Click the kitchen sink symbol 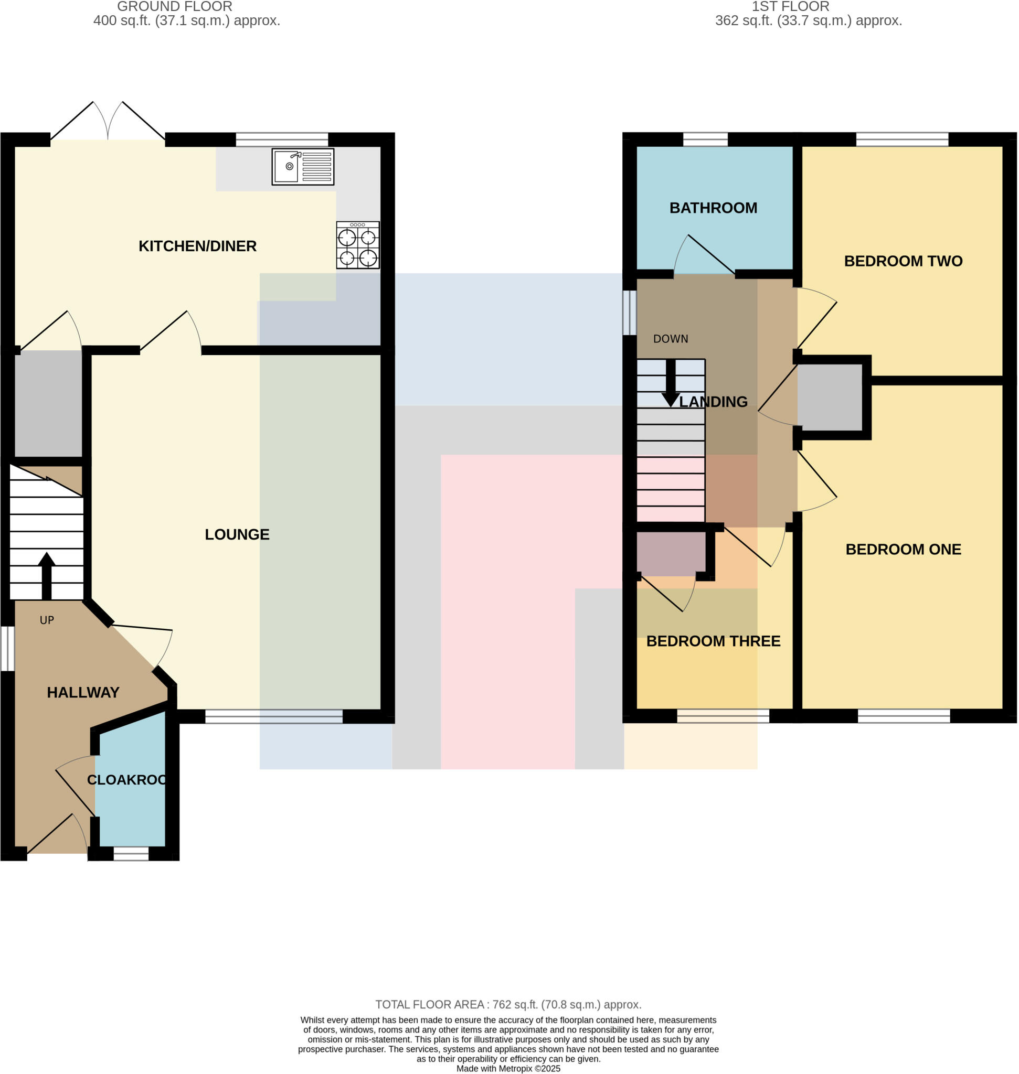[x=303, y=167]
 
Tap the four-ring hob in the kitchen [x=357, y=245]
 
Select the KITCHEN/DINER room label [x=197, y=246]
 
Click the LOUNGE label [x=237, y=534]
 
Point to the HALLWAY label [x=83, y=692]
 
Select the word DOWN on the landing [x=670, y=339]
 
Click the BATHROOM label [x=713, y=208]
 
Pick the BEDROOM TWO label [x=903, y=261]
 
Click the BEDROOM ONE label [x=903, y=549]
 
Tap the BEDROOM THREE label [x=713, y=641]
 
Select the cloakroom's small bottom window [x=130, y=854]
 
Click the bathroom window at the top [x=705, y=139]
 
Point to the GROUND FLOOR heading [x=174, y=7]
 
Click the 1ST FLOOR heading [x=790, y=7]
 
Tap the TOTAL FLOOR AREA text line [x=508, y=1004]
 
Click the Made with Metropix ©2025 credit [x=508, y=1069]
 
